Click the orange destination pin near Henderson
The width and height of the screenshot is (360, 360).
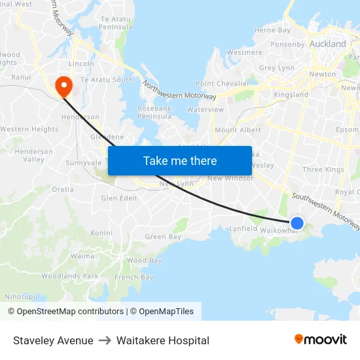(x=63, y=84)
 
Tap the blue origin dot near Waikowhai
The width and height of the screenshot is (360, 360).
(x=297, y=223)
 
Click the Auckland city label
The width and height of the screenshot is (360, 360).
(x=328, y=44)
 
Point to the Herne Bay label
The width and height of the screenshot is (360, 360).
(x=272, y=30)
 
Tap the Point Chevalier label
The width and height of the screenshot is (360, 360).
(x=223, y=84)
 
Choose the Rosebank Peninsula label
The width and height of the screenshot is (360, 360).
(x=154, y=112)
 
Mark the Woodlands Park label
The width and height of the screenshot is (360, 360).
(x=69, y=276)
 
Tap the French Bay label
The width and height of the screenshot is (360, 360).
(x=134, y=278)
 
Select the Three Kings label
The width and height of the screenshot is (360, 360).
(x=323, y=170)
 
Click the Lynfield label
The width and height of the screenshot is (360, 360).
(x=243, y=228)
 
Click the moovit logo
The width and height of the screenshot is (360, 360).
(x=320, y=339)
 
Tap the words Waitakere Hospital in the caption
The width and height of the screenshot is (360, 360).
(x=163, y=340)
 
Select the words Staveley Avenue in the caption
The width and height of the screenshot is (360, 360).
(x=53, y=340)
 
